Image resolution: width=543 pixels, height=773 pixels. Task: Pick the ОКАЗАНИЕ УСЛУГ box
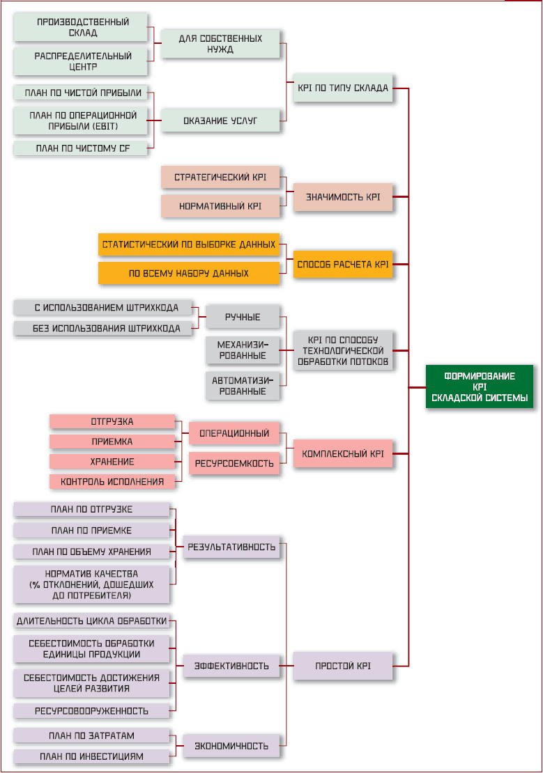(x=220, y=120)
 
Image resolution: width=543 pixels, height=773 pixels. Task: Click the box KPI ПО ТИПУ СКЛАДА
(x=342, y=88)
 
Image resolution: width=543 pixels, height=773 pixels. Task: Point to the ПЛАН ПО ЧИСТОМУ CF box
(x=83, y=148)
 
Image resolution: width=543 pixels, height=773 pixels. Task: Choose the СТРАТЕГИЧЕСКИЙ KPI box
(x=220, y=177)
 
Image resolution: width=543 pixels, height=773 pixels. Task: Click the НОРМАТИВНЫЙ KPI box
(x=220, y=206)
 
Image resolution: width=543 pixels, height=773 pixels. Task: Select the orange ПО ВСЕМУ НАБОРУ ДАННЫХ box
(x=189, y=274)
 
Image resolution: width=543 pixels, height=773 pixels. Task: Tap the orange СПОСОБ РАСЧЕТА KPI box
(x=342, y=265)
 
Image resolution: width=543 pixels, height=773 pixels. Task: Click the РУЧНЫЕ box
(x=242, y=317)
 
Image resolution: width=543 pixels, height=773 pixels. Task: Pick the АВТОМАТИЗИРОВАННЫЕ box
(x=242, y=385)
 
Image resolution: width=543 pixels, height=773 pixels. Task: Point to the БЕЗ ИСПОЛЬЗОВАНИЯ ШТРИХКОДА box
(x=102, y=329)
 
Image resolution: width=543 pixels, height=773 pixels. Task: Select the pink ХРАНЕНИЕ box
(x=112, y=462)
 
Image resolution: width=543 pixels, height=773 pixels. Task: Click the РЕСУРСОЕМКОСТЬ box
(x=234, y=462)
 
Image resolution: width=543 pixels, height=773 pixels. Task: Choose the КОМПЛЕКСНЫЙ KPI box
(x=342, y=453)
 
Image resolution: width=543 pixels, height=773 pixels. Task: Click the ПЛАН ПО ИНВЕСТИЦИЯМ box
(x=92, y=756)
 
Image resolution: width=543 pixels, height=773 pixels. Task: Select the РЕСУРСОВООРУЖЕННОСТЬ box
(x=92, y=711)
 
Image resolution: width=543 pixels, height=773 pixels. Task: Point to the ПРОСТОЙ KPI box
(x=342, y=666)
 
